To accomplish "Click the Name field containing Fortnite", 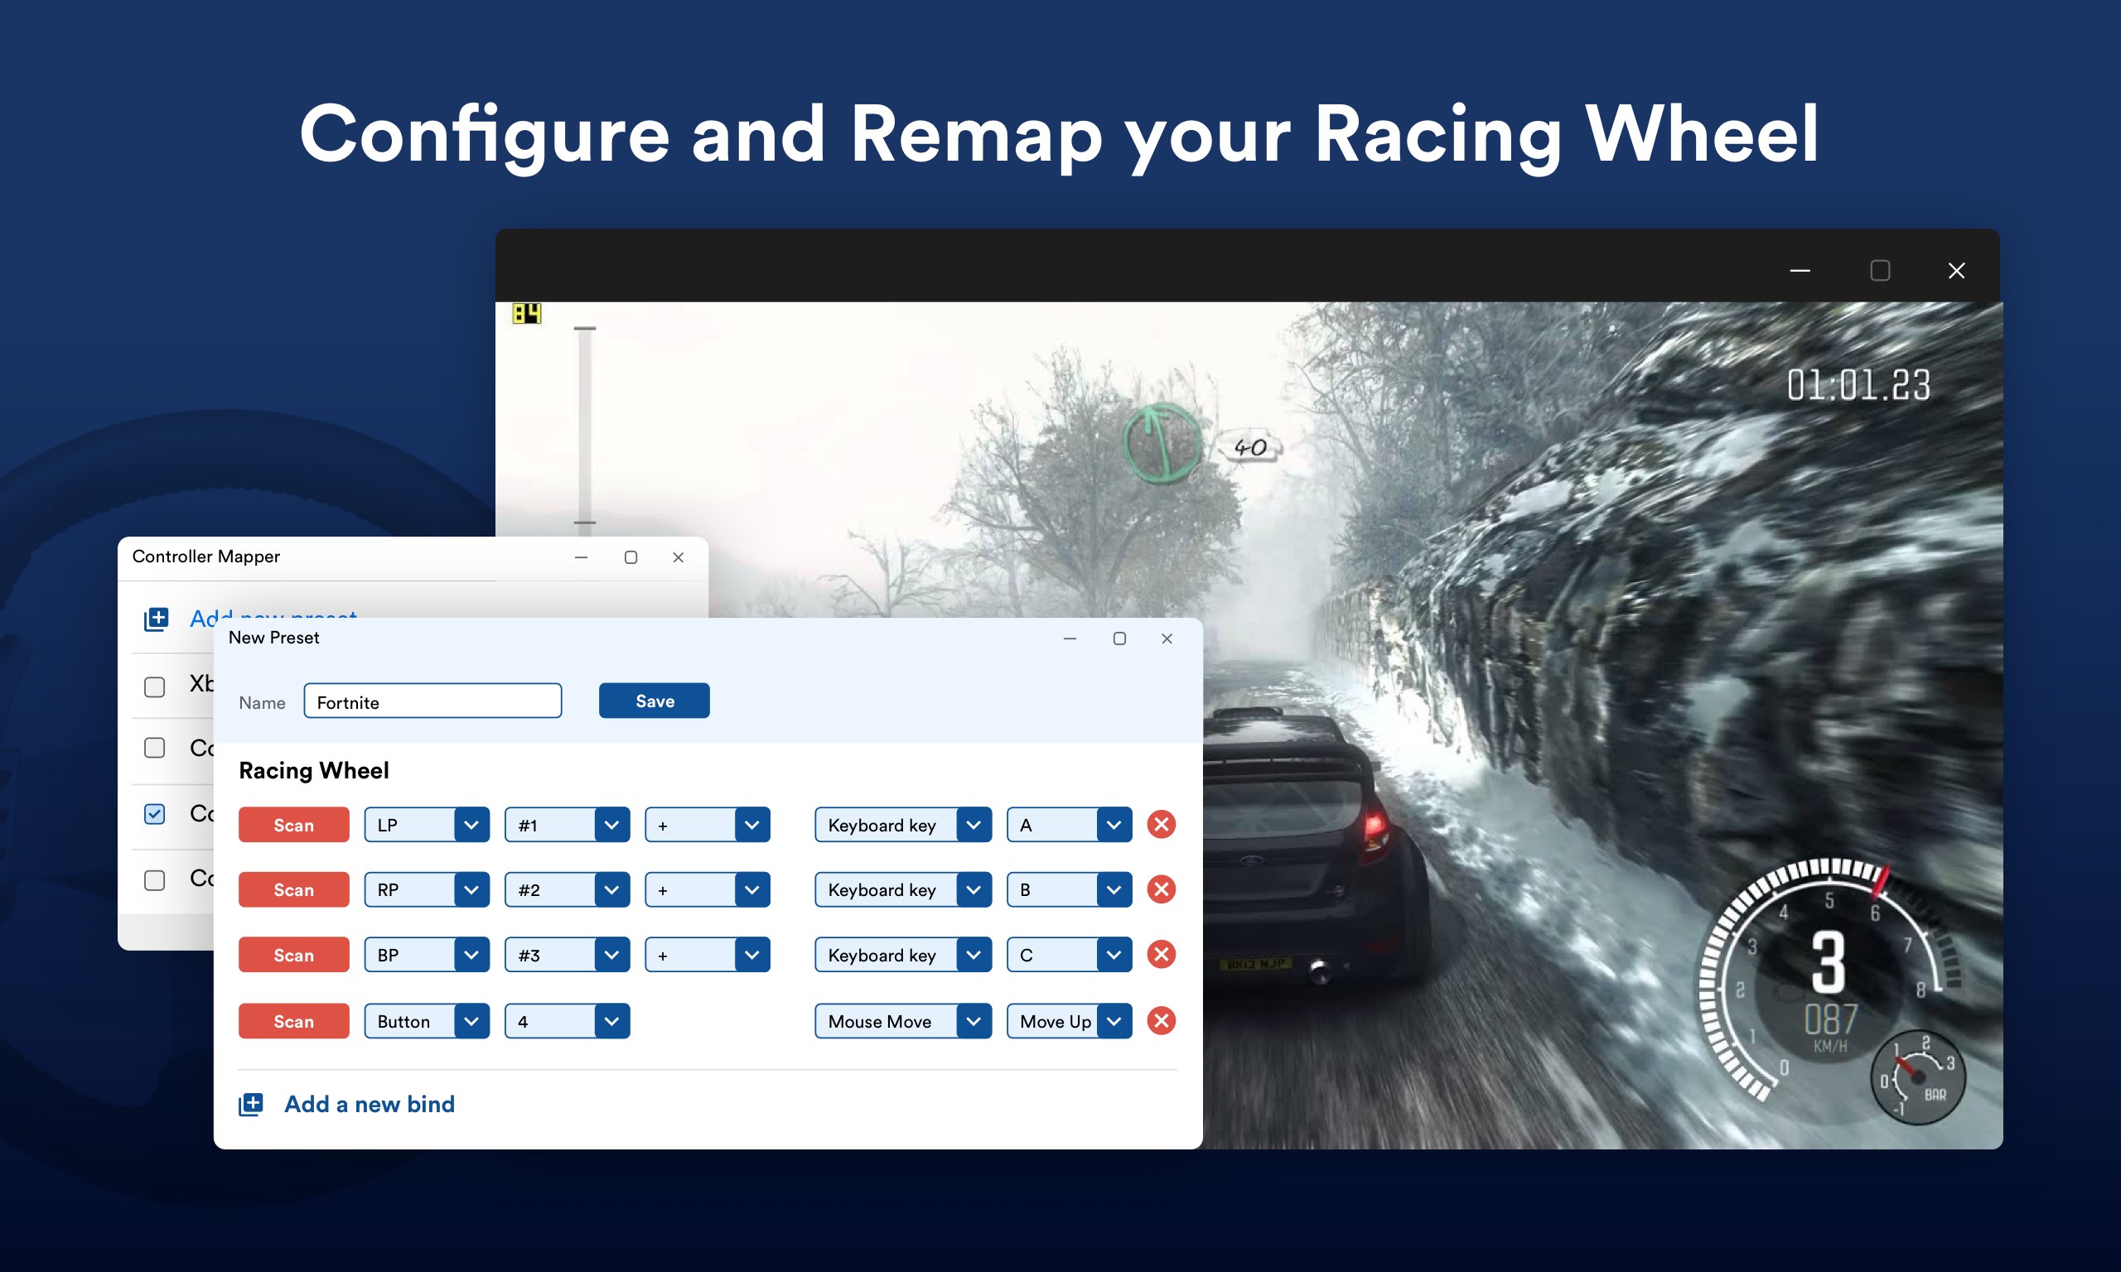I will tap(432, 701).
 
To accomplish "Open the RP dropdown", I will tap(426, 889).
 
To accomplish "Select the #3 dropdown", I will tap(567, 955).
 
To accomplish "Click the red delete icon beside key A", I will tap(1161, 825).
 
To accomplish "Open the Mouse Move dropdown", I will tap(902, 1021).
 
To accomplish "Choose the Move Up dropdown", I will tap(1068, 1021).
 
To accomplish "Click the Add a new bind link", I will tap(369, 1104).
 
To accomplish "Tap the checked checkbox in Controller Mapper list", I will tap(154, 813).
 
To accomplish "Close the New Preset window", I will tap(1166, 638).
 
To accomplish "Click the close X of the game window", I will tap(1955, 271).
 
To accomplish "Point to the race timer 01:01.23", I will tap(1858, 385).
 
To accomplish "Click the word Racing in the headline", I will tap(1437, 135).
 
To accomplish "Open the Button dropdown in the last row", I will tap(426, 1021).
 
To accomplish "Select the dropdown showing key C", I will tap(1068, 955).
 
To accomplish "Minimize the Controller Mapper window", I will tap(582, 557).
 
